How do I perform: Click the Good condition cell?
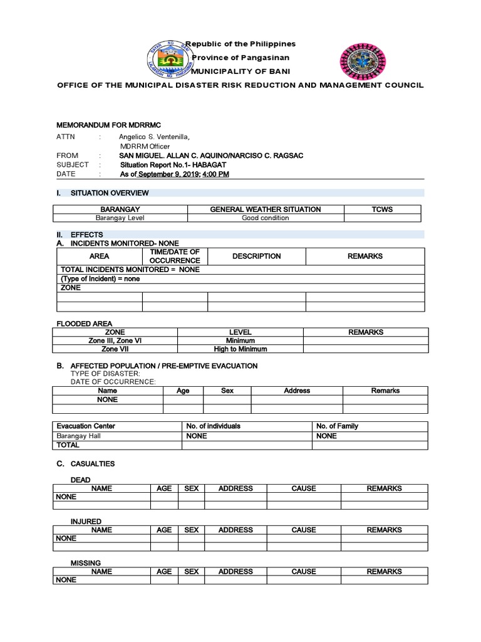pos(266,218)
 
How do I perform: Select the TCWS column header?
pos(382,209)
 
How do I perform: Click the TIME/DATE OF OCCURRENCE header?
pos(175,256)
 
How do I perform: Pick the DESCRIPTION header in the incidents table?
pos(256,256)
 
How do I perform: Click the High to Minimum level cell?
pos(240,349)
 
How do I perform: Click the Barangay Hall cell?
pos(78,436)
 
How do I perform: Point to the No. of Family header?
pos(337,426)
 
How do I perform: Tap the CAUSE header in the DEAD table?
pos(304,488)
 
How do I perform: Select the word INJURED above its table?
pos(86,522)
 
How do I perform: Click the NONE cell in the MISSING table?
pos(66,580)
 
